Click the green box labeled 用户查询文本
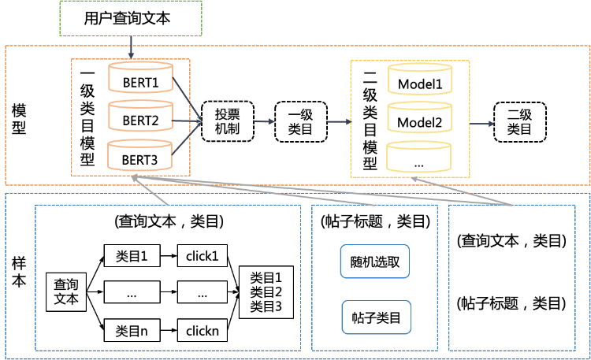(131, 18)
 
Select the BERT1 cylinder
(140, 77)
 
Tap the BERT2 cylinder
(140, 116)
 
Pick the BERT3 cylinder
(139, 155)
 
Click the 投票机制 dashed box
(228, 121)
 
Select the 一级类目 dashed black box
(301, 122)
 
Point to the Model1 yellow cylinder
(420, 79)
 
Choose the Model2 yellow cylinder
(420, 117)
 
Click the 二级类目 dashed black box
(520, 122)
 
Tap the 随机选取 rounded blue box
(375, 262)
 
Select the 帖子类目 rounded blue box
(376, 317)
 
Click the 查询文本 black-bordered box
(66, 292)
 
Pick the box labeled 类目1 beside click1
(132, 255)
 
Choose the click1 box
(203, 255)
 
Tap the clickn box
(203, 330)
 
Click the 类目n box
(132, 330)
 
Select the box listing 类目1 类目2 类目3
(266, 292)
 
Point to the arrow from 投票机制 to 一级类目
(264, 121)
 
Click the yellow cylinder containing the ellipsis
(419, 157)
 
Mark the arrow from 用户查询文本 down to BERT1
(131, 47)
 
